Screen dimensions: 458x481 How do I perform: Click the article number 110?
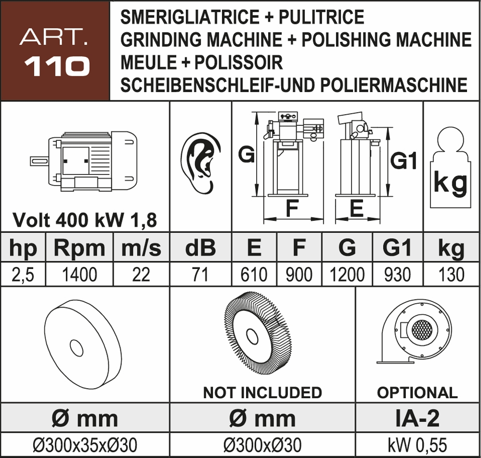click(x=57, y=66)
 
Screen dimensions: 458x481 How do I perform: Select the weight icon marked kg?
click(x=449, y=167)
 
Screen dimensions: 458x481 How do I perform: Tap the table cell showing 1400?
click(x=79, y=274)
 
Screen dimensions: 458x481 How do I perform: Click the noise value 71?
click(x=200, y=274)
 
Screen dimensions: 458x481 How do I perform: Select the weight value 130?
click(x=451, y=274)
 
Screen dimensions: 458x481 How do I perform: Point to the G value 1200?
click(x=347, y=274)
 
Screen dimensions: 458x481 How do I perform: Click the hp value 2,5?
click(x=23, y=274)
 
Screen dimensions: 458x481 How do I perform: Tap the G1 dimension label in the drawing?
click(x=403, y=161)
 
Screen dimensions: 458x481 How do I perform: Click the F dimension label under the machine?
click(x=291, y=209)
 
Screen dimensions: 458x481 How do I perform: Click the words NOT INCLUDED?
click(x=262, y=392)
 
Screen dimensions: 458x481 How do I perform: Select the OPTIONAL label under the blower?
click(x=417, y=392)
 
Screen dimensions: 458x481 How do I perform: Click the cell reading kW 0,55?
click(x=417, y=444)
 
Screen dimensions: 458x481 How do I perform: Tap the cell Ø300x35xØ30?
click(x=84, y=444)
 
